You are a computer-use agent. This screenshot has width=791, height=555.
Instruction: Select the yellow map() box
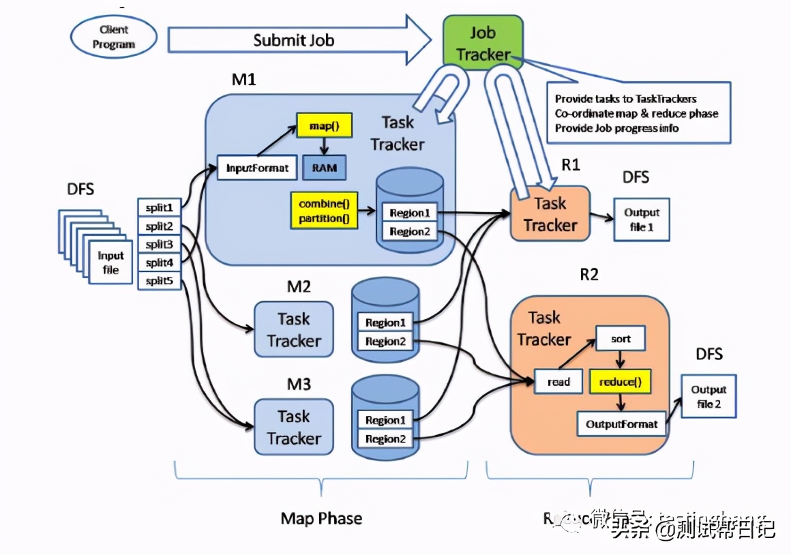[319, 125]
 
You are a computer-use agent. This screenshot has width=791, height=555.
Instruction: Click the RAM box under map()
[324, 167]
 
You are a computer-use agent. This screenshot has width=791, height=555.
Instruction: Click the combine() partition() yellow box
[324, 211]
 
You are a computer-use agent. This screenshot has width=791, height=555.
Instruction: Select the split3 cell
[159, 244]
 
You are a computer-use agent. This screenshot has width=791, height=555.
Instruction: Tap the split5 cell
[159, 280]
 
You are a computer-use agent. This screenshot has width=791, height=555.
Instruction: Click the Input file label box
[110, 262]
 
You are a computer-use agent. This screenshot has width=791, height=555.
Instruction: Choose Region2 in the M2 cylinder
[385, 342]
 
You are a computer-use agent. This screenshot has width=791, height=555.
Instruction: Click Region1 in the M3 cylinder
[385, 420]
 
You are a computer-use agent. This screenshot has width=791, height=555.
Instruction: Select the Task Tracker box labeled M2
[294, 329]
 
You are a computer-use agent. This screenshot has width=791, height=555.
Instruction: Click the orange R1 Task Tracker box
[550, 213]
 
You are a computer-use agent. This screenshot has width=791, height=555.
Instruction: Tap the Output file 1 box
[641, 220]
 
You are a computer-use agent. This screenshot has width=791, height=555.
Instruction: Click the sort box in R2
[620, 339]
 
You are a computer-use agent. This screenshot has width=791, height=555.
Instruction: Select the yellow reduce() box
[620, 382]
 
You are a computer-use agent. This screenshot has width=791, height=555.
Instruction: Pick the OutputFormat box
[621, 424]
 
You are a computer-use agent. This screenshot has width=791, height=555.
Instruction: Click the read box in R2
[558, 382]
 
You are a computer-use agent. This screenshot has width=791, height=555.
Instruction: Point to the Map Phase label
[321, 518]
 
